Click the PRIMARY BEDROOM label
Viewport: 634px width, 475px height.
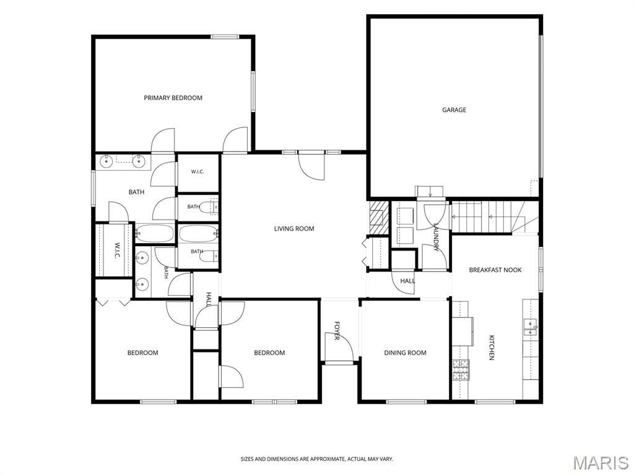point(173,98)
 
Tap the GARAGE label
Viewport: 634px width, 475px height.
point(454,110)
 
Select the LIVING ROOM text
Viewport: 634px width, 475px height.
point(294,229)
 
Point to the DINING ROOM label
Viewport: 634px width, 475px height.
point(405,353)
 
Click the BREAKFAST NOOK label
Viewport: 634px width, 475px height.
point(495,270)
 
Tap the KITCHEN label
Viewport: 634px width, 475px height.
point(492,348)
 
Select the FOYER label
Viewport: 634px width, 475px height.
point(336,330)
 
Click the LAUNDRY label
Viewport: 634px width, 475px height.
point(436,237)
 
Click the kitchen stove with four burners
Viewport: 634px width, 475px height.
point(461,370)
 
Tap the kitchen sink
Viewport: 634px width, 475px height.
point(531,327)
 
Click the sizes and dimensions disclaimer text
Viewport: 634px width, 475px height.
point(317,459)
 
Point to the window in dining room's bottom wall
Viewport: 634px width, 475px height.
point(406,401)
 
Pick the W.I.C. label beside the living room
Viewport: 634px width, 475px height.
point(198,172)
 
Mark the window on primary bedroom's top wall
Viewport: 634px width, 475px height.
point(224,36)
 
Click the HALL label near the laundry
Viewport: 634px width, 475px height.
point(407,281)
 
